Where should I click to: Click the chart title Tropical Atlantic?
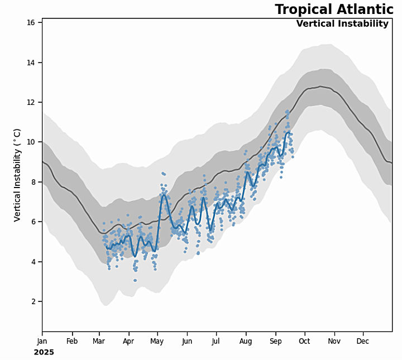tap(334, 9)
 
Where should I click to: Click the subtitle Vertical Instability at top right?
tap(342, 23)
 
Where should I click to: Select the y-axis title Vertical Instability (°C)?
tap(17, 175)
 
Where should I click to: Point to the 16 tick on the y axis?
tap(31, 22)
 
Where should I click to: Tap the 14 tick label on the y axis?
tap(31, 63)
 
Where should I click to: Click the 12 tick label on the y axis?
tap(31, 102)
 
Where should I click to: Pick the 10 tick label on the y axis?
tap(31, 142)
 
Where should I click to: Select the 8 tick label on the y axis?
tap(33, 182)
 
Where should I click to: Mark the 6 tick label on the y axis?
tap(33, 222)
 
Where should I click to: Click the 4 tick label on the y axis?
tap(33, 262)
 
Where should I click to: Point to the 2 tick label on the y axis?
tap(33, 301)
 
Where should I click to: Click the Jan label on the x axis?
tap(42, 341)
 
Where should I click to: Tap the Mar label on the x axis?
tap(99, 341)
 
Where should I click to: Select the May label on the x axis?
tap(157, 341)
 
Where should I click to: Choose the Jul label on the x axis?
tap(216, 341)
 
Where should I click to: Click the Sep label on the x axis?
tap(275, 341)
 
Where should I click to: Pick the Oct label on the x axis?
tap(304, 341)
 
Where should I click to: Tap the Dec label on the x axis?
tap(362, 341)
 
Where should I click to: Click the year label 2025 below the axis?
tap(44, 352)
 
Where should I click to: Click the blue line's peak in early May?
tap(164, 194)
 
